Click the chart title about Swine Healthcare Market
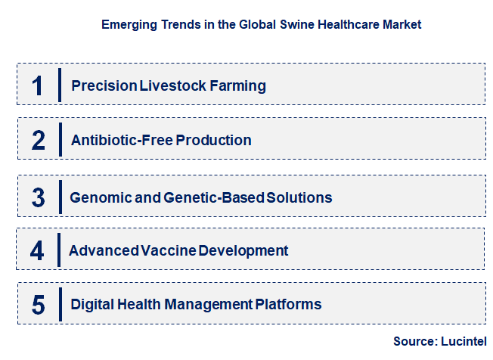coord(261,24)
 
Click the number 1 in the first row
coord(38,85)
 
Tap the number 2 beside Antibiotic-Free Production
coord(39,141)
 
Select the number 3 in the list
coord(39,197)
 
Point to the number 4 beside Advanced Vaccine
coord(38,250)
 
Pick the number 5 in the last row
coord(39,305)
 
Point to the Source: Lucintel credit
coord(439,341)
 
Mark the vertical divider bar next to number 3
coord(59,197)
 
